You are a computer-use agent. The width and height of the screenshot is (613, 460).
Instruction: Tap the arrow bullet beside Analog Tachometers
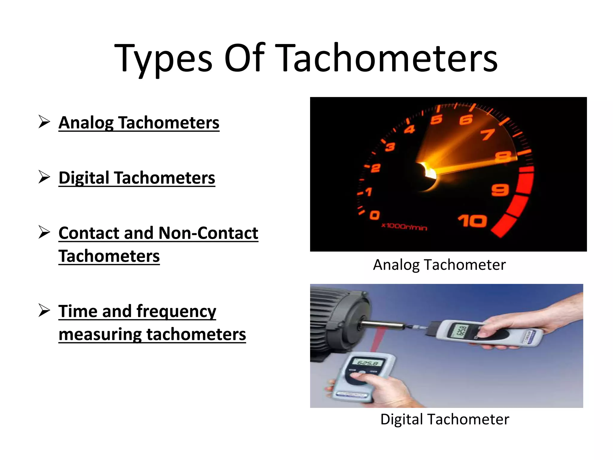point(44,122)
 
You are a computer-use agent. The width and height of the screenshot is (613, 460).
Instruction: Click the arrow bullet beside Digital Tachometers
point(44,177)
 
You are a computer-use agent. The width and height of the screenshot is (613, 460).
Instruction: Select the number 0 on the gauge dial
point(375,215)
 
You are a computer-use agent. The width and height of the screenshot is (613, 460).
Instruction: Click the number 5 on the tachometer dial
point(436,119)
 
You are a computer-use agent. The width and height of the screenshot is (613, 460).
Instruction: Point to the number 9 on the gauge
point(500,190)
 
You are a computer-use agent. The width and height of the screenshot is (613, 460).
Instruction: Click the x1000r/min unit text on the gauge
point(404,226)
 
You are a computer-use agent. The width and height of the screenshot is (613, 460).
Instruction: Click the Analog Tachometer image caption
point(439,265)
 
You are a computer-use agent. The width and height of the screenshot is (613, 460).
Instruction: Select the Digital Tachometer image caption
point(444,419)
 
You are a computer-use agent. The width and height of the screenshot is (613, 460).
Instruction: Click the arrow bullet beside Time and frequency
point(44,311)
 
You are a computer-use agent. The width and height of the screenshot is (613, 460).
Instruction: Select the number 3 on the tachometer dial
point(390,147)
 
